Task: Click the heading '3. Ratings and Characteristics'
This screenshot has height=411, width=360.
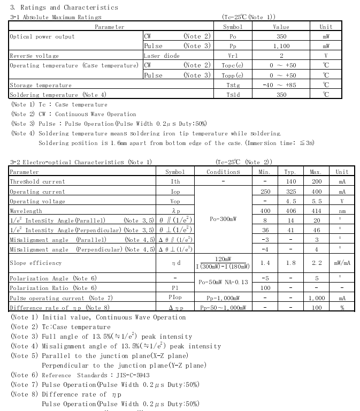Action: pos(64,7)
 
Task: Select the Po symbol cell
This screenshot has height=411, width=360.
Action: pos(232,36)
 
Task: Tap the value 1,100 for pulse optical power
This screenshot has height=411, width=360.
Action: pos(281,46)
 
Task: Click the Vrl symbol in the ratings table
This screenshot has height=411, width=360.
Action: pos(232,56)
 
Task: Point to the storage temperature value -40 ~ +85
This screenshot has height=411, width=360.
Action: pos(281,85)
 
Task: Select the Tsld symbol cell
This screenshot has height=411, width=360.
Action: pos(232,95)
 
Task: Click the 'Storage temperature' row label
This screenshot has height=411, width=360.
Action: pos(41,85)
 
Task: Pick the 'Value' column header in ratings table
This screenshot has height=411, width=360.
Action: pos(281,27)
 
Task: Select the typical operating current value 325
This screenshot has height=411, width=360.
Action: pos(290,192)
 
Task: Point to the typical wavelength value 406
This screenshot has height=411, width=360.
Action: pos(290,211)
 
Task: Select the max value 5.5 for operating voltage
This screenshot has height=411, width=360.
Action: pos(316,201)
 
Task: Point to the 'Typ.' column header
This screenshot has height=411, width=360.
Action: pos(290,172)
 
